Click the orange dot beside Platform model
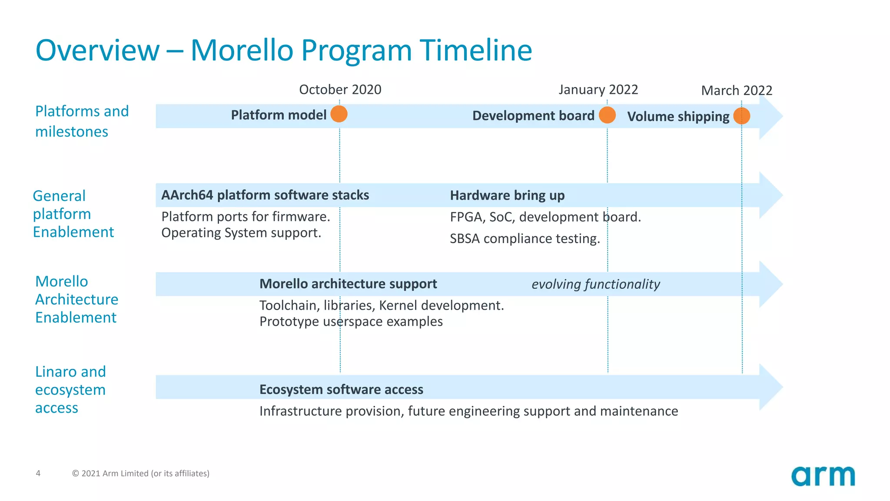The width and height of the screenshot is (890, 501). pos(339,114)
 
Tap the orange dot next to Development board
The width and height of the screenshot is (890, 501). pos(607,115)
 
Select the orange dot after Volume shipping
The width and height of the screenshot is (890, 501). pos(741,116)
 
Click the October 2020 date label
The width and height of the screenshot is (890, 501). pos(340,90)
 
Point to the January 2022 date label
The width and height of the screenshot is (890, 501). pos(598,90)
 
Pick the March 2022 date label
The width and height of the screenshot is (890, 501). pos(737,90)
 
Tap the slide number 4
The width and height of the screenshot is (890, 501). pos(38,473)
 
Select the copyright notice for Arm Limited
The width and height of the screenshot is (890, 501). pos(140,473)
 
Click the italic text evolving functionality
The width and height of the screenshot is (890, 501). pos(595,284)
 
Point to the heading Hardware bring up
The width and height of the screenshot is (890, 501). pos(507,195)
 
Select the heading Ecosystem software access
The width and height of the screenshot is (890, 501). pos(341,389)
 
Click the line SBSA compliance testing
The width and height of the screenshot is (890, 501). pos(525,238)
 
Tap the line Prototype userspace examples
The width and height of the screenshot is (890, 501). pos(351,321)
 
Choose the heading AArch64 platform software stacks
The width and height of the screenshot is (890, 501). pos(265,195)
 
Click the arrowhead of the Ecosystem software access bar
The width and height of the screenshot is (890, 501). pos(770,387)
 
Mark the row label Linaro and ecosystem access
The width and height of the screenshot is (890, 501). pos(70,390)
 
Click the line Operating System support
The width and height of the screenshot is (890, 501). pos(241,233)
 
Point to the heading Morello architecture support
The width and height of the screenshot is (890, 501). pos(348,284)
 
